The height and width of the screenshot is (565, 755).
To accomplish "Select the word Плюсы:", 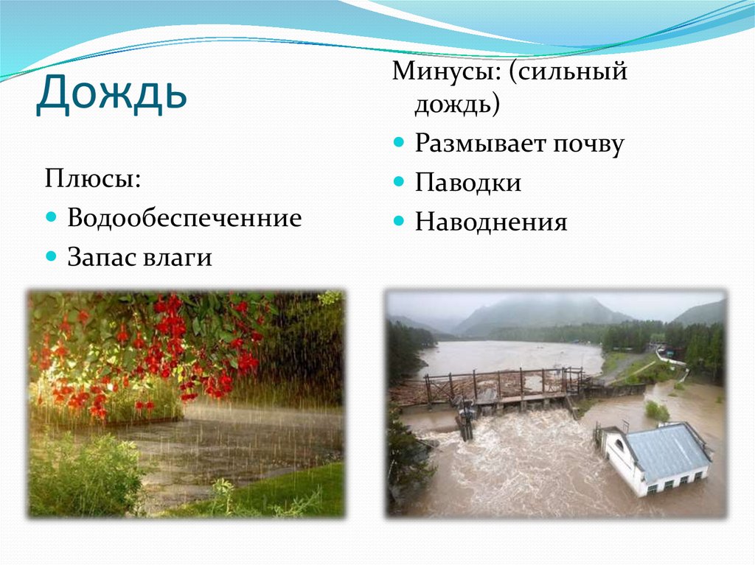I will point(93,179).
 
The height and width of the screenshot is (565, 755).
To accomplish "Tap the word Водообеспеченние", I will point(184,218).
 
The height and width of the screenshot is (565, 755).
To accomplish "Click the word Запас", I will point(103,257).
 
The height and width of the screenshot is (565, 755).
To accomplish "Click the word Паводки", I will point(467,183).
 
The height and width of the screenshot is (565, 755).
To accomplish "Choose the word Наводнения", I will point(490,222).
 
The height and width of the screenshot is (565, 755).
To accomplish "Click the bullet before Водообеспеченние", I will point(51,218).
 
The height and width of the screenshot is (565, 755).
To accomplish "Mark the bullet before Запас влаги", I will point(51,257).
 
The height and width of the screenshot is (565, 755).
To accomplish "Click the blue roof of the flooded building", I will point(665,449).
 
